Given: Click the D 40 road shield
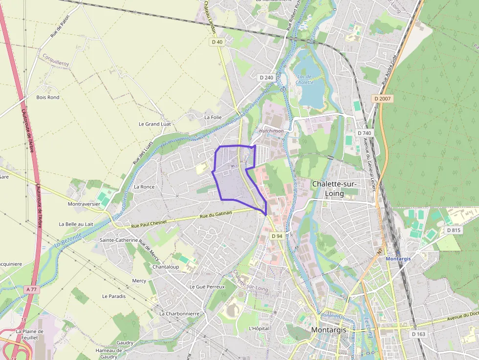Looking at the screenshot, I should pos(217,42).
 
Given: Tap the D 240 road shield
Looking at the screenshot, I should pos(266,78).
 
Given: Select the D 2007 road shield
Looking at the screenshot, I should pos(383,99).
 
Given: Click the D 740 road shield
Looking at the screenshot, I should pos(364,133).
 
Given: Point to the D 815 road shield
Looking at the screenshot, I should pos(453,230).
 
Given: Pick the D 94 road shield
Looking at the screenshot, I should pos(277,236).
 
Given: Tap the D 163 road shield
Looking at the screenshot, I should pos(418,334).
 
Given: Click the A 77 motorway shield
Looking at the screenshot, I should pos(32,289).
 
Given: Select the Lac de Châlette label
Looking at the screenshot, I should pos(304,80).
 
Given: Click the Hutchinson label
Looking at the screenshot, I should pos(271,131).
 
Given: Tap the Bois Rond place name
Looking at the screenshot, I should pos(48,97).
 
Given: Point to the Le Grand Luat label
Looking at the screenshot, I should pos(155,124).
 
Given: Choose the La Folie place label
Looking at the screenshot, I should pos(213,117).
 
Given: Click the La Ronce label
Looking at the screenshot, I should pos(144,187).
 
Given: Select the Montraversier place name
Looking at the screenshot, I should pos(84,204).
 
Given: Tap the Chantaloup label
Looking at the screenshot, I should pos(165,267).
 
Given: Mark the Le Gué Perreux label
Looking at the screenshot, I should pos(207,287).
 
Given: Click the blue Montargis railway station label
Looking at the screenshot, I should pos(398,258).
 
